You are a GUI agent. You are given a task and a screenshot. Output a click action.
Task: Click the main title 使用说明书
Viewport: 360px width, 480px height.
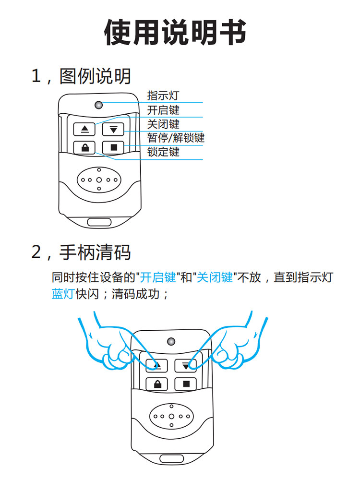pos(176,33)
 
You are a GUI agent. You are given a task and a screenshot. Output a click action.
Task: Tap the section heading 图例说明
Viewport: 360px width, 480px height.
pos(95,76)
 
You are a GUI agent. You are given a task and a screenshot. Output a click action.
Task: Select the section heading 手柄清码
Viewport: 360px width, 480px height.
pos(95,252)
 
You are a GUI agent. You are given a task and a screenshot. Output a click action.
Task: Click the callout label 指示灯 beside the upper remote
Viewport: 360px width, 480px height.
pos(163,96)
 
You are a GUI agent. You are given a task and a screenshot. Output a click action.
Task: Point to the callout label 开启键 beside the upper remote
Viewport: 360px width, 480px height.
pos(163,110)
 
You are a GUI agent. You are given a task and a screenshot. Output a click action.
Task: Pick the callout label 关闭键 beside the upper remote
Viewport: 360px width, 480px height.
pos(163,124)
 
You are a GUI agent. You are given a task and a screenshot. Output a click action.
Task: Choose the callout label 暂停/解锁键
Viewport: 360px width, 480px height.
pos(176,138)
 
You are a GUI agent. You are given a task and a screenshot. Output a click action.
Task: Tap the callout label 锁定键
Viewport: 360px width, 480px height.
pos(163,152)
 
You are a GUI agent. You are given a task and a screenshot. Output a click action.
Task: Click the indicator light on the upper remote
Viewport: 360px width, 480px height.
pos(99,105)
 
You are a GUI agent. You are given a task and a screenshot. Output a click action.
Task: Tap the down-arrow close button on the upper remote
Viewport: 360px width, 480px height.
pos(114,129)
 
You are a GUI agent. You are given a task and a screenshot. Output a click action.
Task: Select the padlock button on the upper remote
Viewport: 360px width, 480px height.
pos(85,147)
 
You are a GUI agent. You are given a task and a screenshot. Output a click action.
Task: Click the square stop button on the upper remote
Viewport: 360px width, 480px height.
pos(114,147)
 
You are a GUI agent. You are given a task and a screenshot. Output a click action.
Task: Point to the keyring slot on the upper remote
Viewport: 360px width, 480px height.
pos(99,222)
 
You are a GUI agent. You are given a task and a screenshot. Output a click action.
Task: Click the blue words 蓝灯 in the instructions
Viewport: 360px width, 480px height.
pos(62,294)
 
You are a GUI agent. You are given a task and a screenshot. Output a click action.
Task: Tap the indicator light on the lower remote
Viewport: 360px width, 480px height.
pos(171,342)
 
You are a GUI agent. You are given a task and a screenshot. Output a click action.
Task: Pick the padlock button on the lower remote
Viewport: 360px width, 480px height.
pos(157,384)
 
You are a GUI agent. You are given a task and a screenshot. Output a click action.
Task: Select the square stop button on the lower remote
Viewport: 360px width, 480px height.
pos(186,384)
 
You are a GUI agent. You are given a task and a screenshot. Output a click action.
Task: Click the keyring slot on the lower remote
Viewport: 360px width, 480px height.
pos(171,458)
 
